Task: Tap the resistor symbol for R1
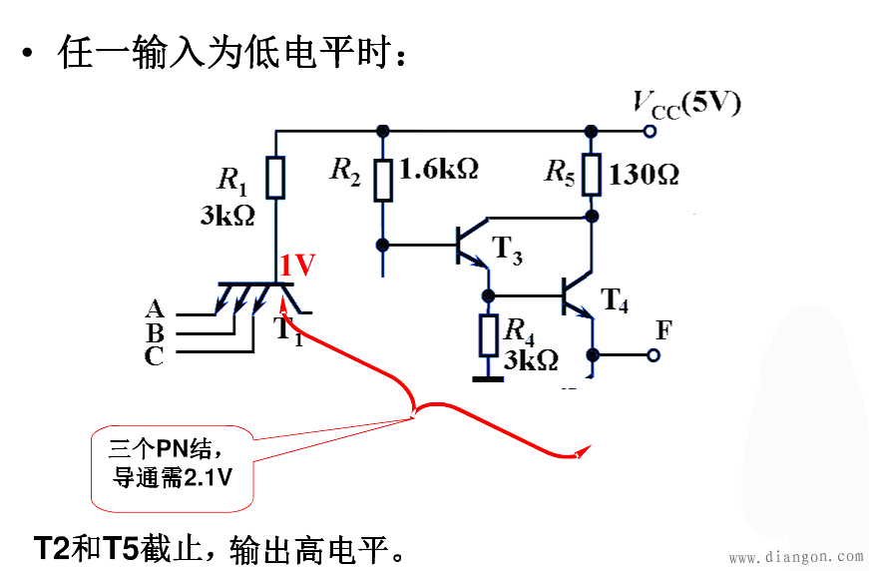click(x=276, y=178)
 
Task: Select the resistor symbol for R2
click(x=382, y=180)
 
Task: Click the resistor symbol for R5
click(x=592, y=174)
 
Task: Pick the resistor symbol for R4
click(x=488, y=334)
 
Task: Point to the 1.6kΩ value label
click(x=438, y=169)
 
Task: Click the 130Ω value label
click(x=644, y=175)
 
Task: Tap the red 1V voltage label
click(x=297, y=266)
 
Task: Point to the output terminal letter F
click(x=663, y=330)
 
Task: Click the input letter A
click(x=155, y=309)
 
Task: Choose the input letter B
click(x=155, y=332)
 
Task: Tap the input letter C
click(x=155, y=356)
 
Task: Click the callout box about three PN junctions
click(x=172, y=465)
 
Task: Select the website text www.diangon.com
click(x=795, y=557)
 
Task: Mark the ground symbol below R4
click(x=487, y=377)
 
